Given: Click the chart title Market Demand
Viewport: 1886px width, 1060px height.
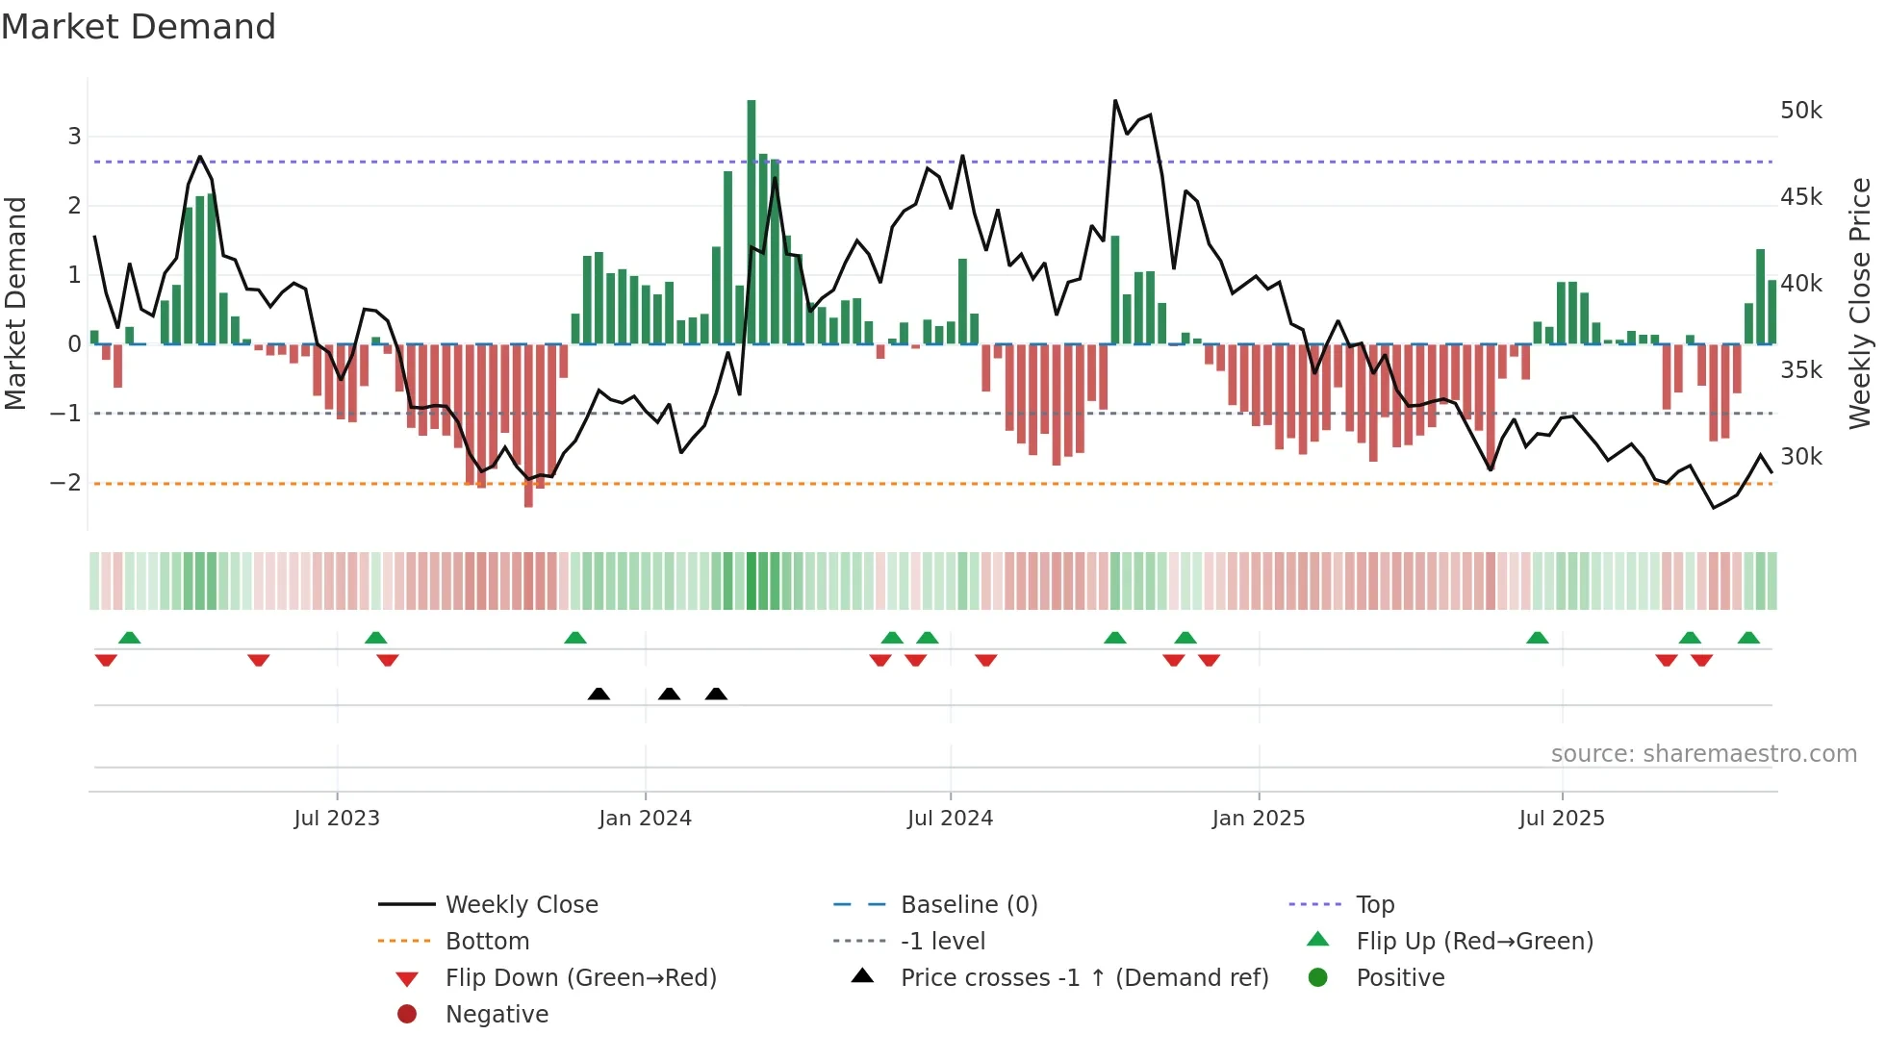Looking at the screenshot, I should (139, 27).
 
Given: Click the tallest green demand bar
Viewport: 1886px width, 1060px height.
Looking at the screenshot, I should (752, 221).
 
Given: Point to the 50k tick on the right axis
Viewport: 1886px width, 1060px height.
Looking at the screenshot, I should (1800, 111).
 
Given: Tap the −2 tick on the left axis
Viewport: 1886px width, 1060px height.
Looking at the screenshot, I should (65, 483).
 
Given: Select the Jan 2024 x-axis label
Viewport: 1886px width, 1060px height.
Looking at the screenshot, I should (645, 819).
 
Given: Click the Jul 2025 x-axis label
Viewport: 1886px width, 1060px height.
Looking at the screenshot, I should (1562, 819).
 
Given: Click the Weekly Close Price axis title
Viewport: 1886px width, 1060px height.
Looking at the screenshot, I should (1860, 303).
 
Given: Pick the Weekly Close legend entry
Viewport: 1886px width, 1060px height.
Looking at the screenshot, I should (521, 905).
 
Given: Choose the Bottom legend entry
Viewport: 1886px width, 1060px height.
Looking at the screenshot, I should (487, 942).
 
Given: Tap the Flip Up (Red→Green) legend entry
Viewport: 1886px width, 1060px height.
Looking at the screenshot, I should (1474, 942).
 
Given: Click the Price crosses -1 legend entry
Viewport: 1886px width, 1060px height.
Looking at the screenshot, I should (1083, 978).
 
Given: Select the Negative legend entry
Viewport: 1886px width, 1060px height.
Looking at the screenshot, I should (497, 1015).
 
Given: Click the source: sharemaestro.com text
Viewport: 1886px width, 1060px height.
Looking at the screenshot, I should (1703, 754).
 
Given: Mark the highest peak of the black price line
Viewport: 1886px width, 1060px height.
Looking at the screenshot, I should (1115, 101).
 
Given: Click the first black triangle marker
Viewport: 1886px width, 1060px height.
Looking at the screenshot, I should (599, 694).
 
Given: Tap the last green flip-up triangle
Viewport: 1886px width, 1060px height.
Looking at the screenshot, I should (1748, 638).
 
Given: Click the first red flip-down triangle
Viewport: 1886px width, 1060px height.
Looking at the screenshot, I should (106, 660).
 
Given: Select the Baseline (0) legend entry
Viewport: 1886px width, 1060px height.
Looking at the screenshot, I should (968, 905).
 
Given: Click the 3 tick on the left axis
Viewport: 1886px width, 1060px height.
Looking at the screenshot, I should (74, 137).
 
